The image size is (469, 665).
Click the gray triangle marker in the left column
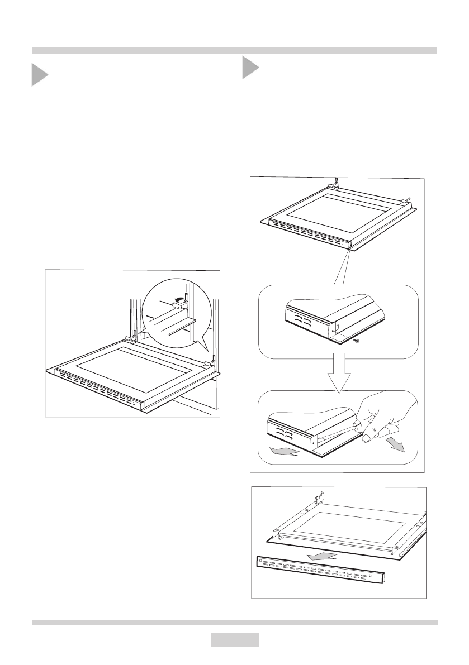tap(39, 74)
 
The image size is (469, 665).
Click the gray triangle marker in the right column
tap(250, 68)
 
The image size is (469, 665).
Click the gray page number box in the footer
tap(235, 639)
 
